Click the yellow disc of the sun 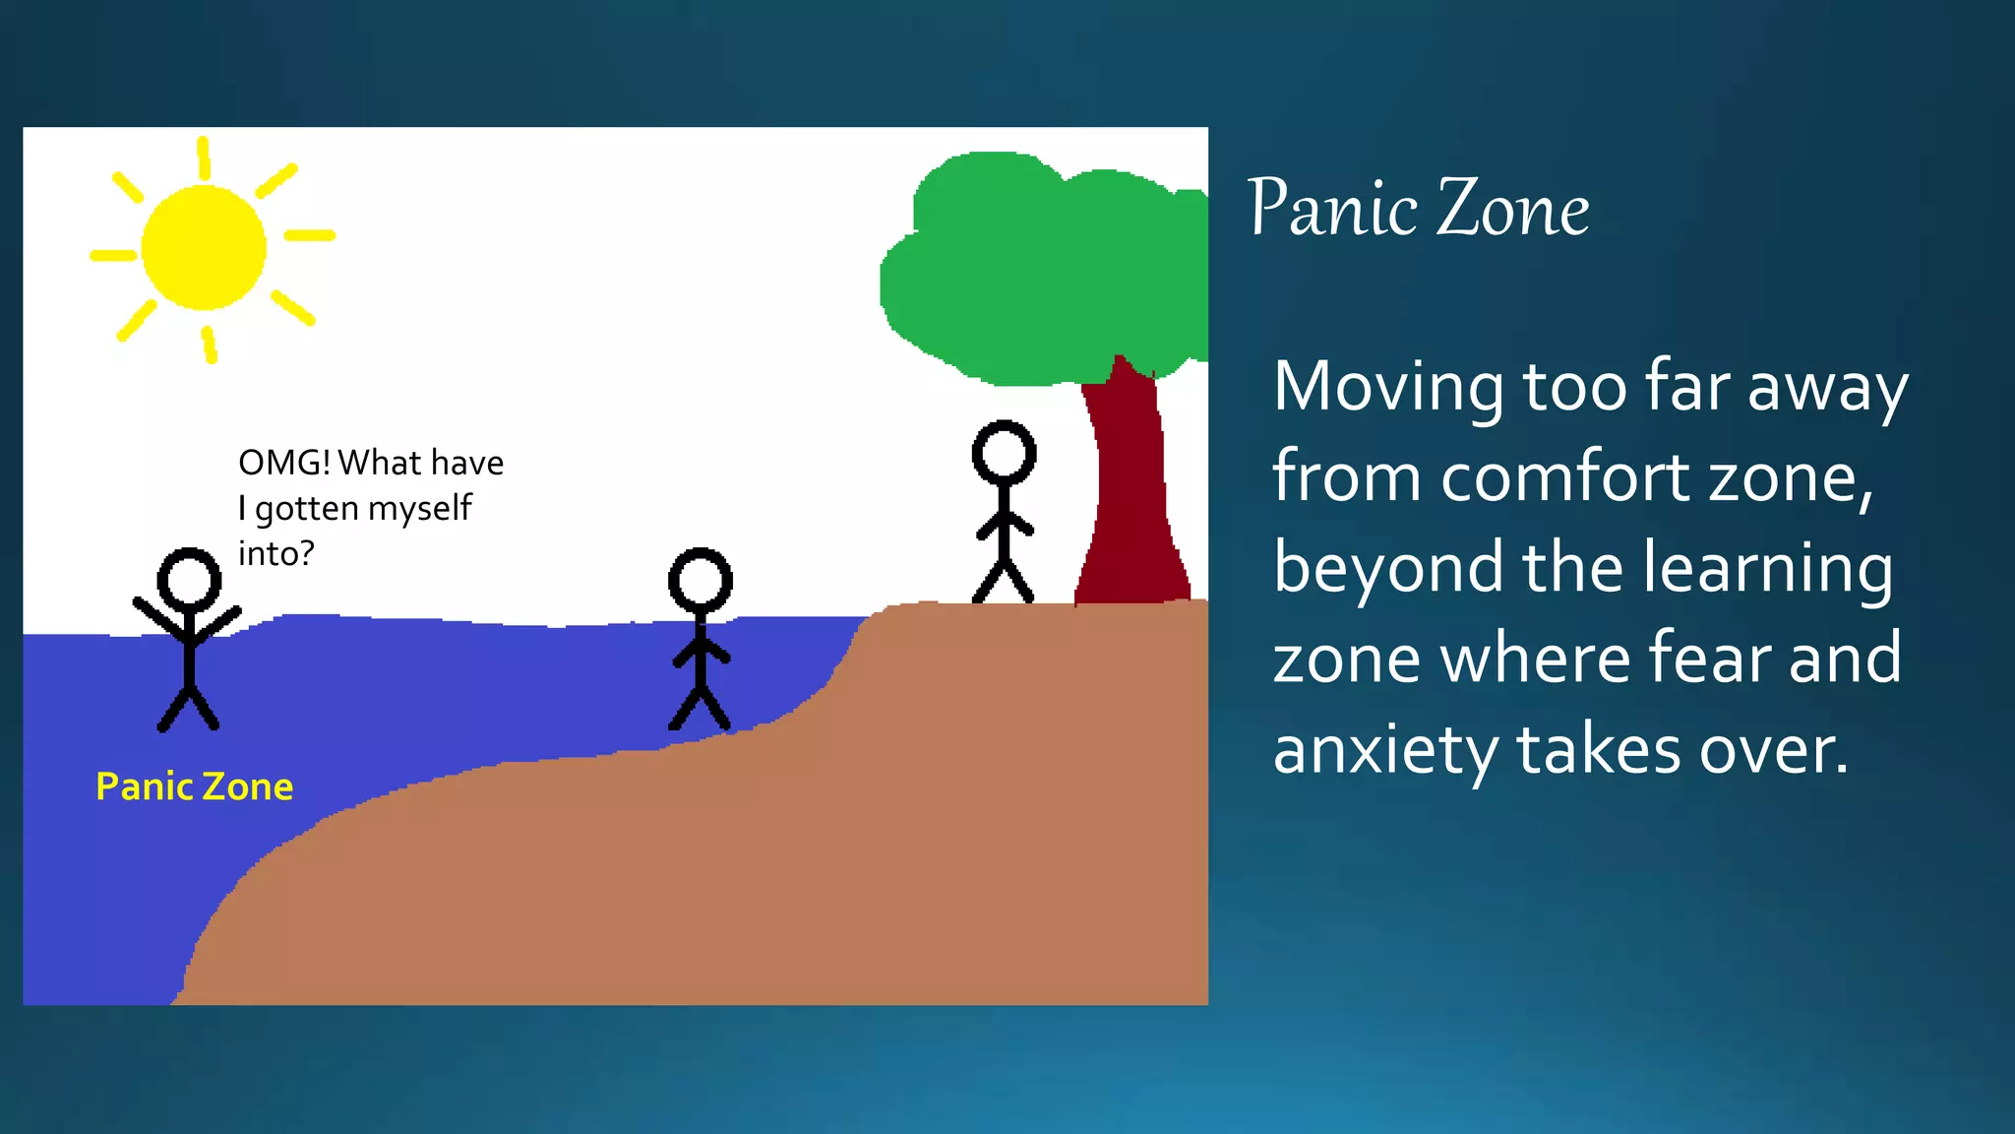tap(204, 247)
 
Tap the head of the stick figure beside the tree tap(1004, 454)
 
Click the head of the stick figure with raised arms tap(189, 580)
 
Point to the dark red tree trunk tap(1131, 492)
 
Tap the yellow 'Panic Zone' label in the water tap(195, 787)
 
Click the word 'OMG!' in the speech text tap(284, 463)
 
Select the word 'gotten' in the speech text tap(306, 509)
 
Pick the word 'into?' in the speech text tap(276, 553)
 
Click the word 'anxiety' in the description tap(1384, 751)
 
